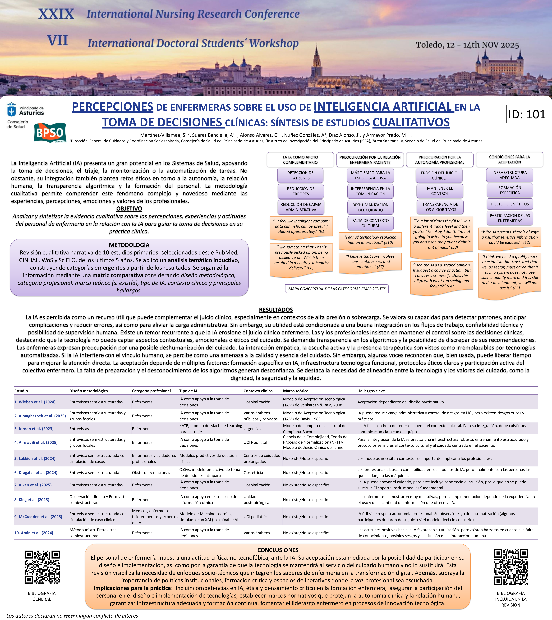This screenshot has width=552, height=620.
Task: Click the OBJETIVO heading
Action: (x=129, y=209)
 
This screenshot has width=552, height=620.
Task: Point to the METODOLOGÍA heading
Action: (x=129, y=245)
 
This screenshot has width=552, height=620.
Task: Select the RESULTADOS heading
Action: (x=276, y=310)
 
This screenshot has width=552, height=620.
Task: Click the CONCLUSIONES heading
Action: (x=278, y=550)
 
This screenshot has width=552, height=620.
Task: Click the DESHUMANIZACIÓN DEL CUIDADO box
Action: (x=370, y=207)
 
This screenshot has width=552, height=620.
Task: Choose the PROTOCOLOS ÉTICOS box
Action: (x=510, y=204)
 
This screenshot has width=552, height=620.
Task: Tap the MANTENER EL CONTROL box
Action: (x=440, y=191)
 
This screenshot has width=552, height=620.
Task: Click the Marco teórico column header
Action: (x=296, y=391)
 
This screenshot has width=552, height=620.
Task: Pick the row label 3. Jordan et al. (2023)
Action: (x=34, y=429)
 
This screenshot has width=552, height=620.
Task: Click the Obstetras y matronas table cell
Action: (x=151, y=473)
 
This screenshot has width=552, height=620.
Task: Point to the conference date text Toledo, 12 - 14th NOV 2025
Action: (x=467, y=45)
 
